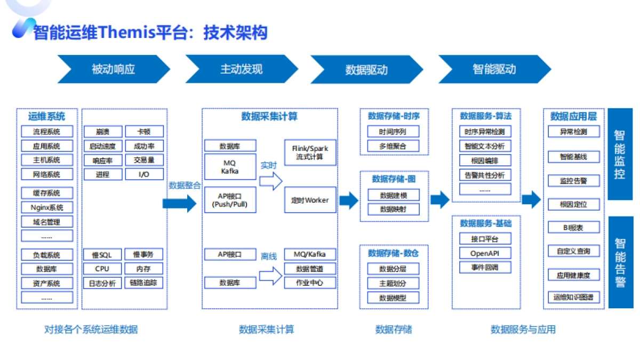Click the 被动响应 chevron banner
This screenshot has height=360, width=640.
(x=114, y=69)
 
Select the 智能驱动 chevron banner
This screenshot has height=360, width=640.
(x=494, y=69)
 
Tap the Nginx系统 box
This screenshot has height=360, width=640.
(x=47, y=207)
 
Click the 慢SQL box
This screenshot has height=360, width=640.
(x=102, y=255)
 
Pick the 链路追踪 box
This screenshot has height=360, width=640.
(x=143, y=283)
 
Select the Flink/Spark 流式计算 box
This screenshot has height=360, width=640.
(x=310, y=153)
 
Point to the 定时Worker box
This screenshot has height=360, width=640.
(x=310, y=201)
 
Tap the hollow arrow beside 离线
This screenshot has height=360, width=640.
(x=270, y=275)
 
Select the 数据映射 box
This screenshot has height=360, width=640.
(x=393, y=210)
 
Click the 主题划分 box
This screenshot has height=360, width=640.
(x=393, y=283)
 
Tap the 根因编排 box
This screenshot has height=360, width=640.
(x=485, y=161)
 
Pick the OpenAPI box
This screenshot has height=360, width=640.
(x=485, y=253)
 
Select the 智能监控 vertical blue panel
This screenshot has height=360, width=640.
(x=620, y=154)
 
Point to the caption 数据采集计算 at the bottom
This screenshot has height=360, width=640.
(x=266, y=330)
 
